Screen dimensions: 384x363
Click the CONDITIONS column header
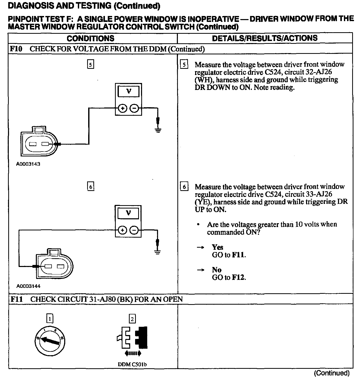[x=90, y=38]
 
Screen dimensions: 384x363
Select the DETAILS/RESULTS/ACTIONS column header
[x=265, y=38]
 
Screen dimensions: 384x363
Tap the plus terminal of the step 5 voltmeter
[x=122, y=108]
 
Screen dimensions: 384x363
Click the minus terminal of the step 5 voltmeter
[x=134, y=108]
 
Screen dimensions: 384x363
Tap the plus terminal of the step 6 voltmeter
[x=122, y=230]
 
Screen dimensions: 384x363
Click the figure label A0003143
[x=28, y=164]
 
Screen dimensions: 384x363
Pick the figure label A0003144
[x=28, y=286]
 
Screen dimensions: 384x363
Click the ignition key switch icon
[x=50, y=341]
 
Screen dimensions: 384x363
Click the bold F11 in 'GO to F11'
[x=238, y=255]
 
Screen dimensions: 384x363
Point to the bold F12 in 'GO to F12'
[x=238, y=278]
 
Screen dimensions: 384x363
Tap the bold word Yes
[x=217, y=247]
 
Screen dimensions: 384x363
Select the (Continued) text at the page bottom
[x=332, y=373]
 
